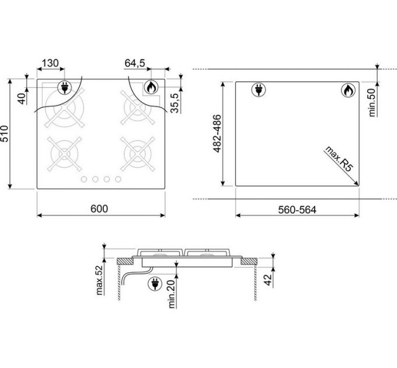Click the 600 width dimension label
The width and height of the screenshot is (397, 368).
99,209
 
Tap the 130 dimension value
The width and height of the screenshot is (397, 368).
50,63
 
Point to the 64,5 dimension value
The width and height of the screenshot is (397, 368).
135,63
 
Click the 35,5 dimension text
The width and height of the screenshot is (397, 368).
175,103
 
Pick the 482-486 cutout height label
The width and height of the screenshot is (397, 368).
217,133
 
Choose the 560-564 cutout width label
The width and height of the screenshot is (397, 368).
297,210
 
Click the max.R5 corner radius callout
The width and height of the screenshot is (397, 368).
339,159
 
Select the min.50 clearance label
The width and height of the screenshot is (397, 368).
372,102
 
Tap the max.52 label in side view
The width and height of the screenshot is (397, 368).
100,280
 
